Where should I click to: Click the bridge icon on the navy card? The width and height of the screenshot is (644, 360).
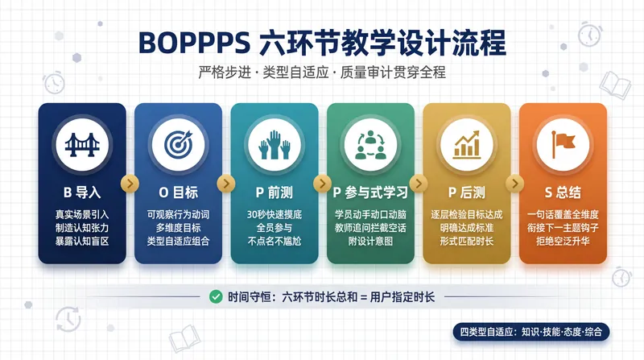(82, 145)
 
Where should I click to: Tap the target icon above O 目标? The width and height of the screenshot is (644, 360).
(178, 145)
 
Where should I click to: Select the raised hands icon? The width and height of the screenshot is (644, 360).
(275, 145)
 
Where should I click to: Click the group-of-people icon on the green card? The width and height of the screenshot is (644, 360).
(370, 145)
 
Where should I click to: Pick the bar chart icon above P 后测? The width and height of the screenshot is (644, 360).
(467, 145)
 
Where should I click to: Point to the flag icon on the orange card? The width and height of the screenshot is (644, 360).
(563, 145)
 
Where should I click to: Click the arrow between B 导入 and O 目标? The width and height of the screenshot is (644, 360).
(130, 184)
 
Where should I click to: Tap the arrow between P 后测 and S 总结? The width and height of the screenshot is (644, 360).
(515, 184)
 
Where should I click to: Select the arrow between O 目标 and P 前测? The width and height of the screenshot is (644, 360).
(226, 184)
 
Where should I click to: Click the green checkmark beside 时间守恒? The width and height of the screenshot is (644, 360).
(216, 296)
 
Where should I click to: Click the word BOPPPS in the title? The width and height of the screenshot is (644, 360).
(194, 43)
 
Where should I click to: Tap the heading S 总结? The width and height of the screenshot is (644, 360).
(563, 192)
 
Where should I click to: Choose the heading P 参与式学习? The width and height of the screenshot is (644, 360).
(370, 192)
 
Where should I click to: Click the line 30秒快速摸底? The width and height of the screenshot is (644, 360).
(275, 214)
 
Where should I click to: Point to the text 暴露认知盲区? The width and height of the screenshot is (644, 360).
(82, 241)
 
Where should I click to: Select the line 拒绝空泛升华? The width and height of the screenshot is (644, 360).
(563, 241)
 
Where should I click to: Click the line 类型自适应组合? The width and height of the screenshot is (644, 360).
(178, 241)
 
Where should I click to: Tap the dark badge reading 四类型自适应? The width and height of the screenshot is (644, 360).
(531, 332)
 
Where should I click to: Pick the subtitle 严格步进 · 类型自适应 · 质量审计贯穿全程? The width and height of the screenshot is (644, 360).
(322, 72)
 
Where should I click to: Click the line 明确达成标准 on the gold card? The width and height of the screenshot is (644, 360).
(467, 228)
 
